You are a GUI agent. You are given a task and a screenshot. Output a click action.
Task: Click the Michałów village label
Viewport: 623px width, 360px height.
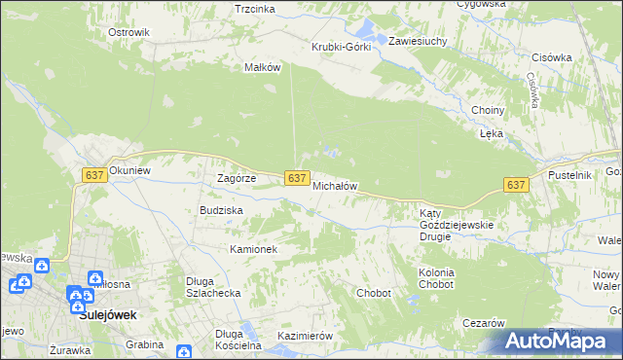(x=336, y=185)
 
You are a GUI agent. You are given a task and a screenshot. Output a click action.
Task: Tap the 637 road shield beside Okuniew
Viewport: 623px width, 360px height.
(x=94, y=174)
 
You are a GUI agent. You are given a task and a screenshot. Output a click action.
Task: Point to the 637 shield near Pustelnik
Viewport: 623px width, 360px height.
(x=516, y=185)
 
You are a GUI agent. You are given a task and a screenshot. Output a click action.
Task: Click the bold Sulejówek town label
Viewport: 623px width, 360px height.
(x=107, y=315)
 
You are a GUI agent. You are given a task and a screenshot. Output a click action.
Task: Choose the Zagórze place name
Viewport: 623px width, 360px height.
(x=236, y=179)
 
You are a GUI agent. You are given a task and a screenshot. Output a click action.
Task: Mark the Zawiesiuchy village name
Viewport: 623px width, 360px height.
(x=418, y=42)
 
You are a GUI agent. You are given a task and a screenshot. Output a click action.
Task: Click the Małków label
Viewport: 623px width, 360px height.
(x=262, y=67)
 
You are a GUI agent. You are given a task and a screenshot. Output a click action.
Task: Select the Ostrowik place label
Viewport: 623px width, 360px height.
(x=128, y=32)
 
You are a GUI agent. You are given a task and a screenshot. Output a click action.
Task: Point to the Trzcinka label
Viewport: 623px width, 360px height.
(x=255, y=8)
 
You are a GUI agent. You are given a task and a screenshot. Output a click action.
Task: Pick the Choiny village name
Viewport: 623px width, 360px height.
(x=487, y=110)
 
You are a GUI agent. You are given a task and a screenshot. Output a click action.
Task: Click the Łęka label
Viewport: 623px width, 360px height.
(x=492, y=134)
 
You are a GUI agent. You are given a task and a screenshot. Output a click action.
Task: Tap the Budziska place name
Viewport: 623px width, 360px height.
(x=221, y=210)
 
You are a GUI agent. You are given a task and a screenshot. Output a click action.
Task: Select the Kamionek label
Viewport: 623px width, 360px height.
(x=254, y=249)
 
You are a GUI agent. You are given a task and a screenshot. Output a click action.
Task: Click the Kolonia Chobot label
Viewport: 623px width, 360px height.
(x=436, y=279)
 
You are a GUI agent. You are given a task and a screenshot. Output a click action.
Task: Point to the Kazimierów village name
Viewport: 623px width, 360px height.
(x=306, y=336)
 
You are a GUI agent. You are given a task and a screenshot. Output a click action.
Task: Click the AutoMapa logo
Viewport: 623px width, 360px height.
(x=561, y=341)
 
